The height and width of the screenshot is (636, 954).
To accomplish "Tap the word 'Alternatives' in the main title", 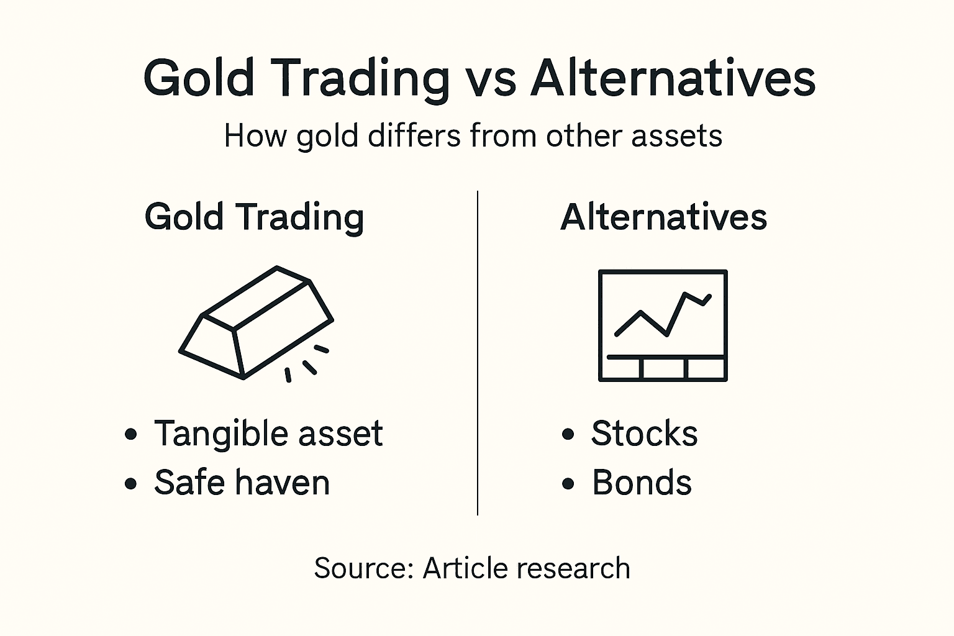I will pos(673,79).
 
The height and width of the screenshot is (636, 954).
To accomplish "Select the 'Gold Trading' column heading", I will pos(254,217).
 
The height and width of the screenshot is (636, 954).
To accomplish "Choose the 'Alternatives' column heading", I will pos(663,217).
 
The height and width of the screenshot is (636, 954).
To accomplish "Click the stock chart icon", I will pos(663,325).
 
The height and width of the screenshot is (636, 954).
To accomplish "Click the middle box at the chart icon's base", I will pos(663,368).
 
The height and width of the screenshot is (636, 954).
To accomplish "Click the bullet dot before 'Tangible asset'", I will pos(130,434).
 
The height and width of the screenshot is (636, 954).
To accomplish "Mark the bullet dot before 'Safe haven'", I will pos(130,483).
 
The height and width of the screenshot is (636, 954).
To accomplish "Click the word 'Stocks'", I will pos(644,434).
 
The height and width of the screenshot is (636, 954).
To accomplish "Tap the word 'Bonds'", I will pos(642,483).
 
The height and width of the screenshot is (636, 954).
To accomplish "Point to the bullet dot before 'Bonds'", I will pos(568,483).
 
